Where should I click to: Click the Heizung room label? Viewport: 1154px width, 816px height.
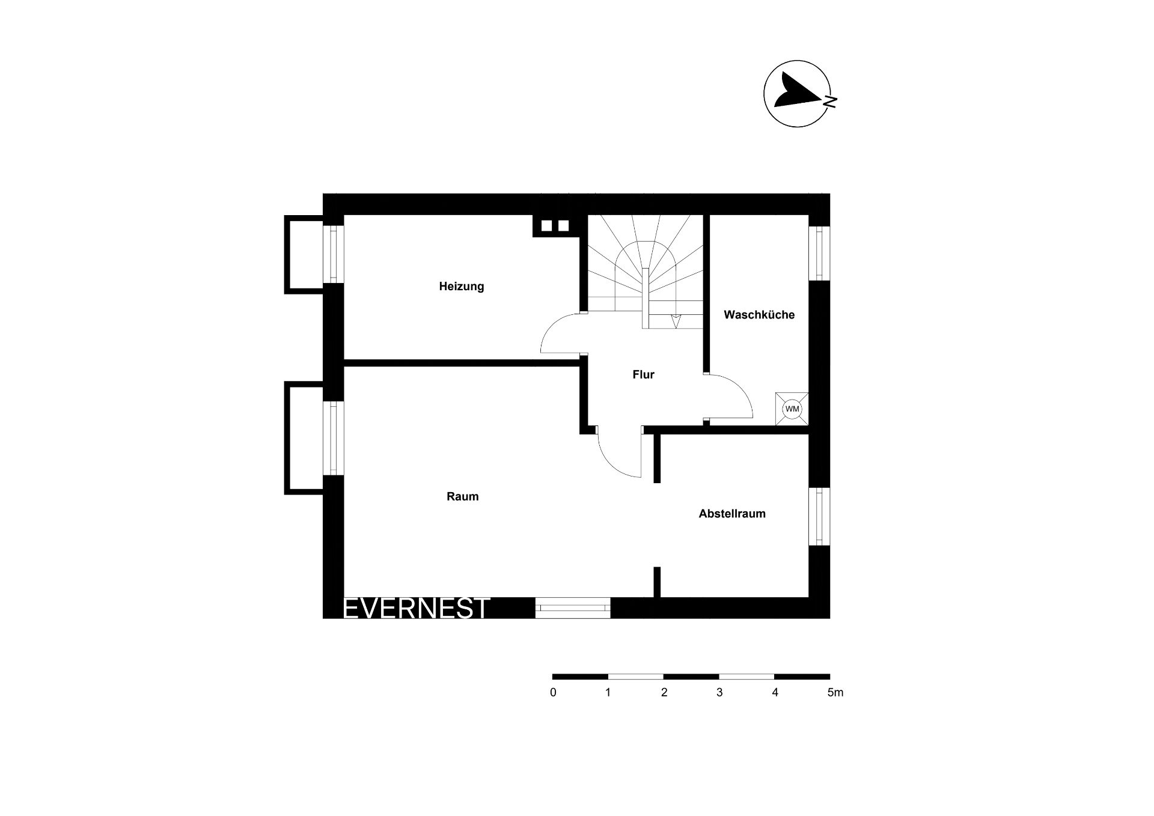pyautogui.click(x=461, y=287)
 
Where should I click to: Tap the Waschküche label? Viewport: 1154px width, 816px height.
pyautogui.click(x=759, y=315)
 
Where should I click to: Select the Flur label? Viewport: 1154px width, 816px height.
pyautogui.click(x=643, y=374)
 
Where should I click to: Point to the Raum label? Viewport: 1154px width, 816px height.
pyautogui.click(x=462, y=496)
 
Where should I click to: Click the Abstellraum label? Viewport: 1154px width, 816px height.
pyautogui.click(x=732, y=514)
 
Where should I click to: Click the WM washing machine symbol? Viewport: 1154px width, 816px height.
pyautogui.click(x=792, y=409)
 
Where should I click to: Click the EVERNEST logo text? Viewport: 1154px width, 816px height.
pyautogui.click(x=416, y=608)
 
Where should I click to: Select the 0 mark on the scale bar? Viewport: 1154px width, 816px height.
pyautogui.click(x=553, y=693)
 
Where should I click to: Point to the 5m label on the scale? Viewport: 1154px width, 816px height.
pyautogui.click(x=835, y=693)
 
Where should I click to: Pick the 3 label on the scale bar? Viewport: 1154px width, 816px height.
pyautogui.click(x=719, y=693)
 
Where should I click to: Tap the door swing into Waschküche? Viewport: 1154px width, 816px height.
pyautogui.click(x=737, y=388)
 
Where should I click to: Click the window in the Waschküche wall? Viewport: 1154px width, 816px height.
pyautogui.click(x=819, y=253)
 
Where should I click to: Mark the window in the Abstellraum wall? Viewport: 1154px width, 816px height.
pyautogui.click(x=819, y=516)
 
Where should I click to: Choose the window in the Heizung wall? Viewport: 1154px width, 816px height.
pyautogui.click(x=334, y=254)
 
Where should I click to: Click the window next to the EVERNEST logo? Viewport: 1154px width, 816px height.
pyautogui.click(x=573, y=608)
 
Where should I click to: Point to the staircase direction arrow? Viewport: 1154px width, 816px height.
pyautogui.click(x=675, y=321)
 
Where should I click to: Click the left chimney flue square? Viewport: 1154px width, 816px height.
pyautogui.click(x=546, y=226)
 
